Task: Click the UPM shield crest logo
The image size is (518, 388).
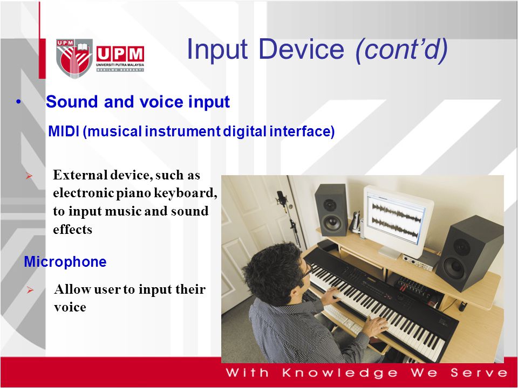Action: [x=74, y=58]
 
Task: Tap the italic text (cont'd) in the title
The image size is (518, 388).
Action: [x=401, y=50]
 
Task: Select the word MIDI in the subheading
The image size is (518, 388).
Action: [x=64, y=131]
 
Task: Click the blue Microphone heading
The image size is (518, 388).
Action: [x=65, y=262]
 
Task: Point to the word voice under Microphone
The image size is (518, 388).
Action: [x=70, y=307]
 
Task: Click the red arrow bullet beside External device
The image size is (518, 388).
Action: [x=29, y=176]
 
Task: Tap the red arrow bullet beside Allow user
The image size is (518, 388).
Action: [x=30, y=290]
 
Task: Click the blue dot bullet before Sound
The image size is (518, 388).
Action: [x=18, y=102]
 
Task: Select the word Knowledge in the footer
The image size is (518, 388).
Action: [x=340, y=373]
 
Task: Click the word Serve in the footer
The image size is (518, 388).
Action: [x=479, y=372]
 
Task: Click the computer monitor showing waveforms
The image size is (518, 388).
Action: [x=398, y=219]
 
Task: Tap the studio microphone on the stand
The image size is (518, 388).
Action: [x=282, y=199]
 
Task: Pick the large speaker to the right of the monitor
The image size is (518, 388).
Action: [x=469, y=253]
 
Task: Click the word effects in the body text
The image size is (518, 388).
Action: [x=72, y=229]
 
